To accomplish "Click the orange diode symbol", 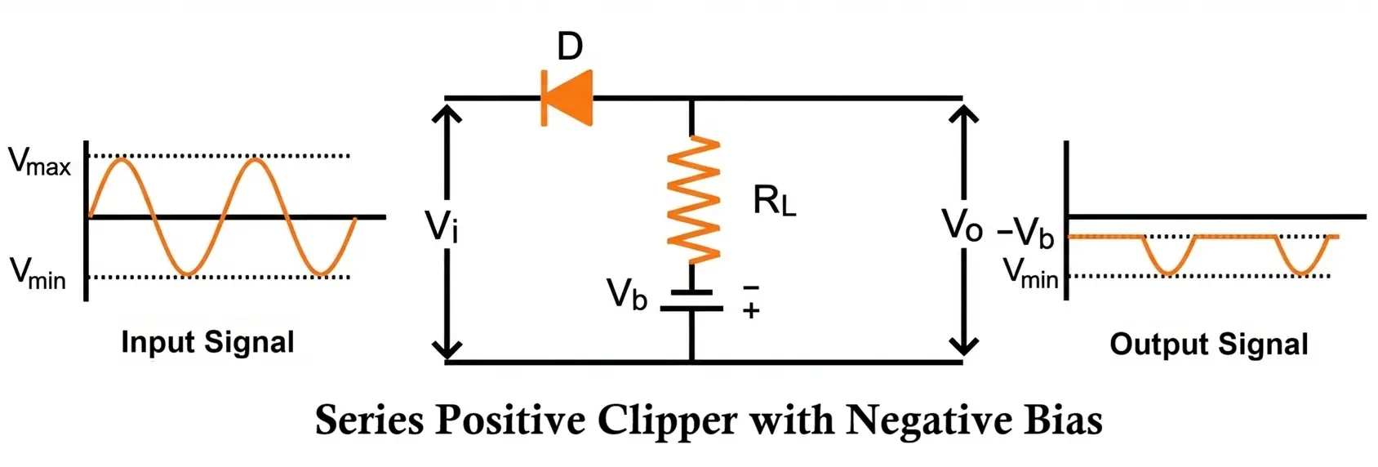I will click(567, 98).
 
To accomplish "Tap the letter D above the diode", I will click(570, 47).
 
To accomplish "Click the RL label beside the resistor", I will click(774, 201).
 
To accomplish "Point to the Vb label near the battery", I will click(626, 294).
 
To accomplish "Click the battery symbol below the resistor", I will click(691, 300).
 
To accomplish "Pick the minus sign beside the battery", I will click(751, 287).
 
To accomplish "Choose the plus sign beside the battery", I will click(751, 310).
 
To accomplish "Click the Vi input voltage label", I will click(442, 225).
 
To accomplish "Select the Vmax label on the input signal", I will click(39, 162).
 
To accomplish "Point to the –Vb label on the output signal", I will click(1026, 233).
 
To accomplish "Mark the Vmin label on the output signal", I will click(1030, 273).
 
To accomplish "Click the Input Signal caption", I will click(207, 342).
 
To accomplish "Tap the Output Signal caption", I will click(1208, 344).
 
